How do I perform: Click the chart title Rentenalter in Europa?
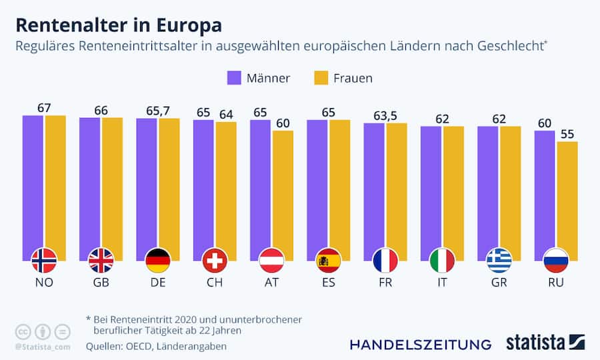[x=119, y=25]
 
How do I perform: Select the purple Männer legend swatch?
[x=234, y=77]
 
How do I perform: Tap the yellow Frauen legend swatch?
[x=321, y=77]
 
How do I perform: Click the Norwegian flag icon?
[x=44, y=260]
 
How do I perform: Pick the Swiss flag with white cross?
[x=215, y=260]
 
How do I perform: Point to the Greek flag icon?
[x=499, y=260]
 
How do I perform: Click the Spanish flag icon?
[x=328, y=260]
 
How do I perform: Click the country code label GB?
[x=101, y=283]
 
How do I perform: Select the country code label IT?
[x=442, y=283]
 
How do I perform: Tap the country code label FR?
[x=385, y=283]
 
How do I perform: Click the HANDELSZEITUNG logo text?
[x=420, y=344]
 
